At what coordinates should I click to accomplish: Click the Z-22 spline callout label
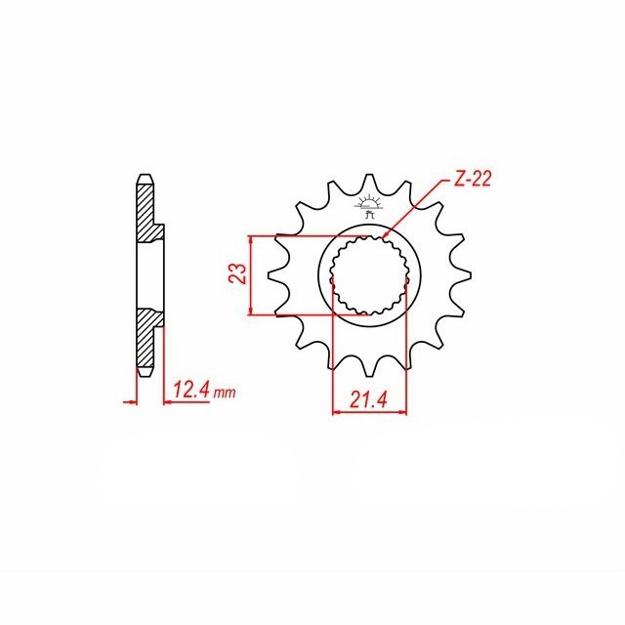click(473, 180)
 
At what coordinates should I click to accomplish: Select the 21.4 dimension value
click(369, 399)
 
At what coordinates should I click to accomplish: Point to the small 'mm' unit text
click(225, 393)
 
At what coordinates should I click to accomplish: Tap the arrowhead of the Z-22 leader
click(386, 236)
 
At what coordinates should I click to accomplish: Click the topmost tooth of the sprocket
click(369, 183)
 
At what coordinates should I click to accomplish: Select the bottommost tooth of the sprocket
click(369, 366)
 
